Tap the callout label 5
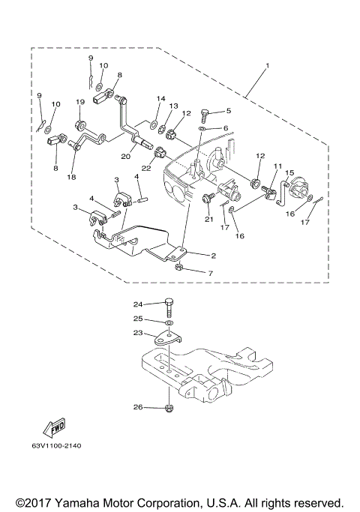pos(229,111)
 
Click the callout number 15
pos(289,172)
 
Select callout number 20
pos(125,157)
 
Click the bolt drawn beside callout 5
pos(207,115)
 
